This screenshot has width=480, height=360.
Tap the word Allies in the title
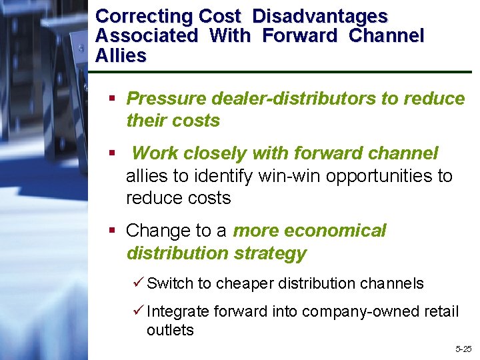[121, 55]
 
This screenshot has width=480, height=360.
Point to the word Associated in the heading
[147, 36]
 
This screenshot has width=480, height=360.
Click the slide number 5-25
[463, 349]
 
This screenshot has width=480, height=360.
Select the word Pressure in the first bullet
[167, 99]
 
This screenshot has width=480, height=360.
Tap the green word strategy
[272, 253]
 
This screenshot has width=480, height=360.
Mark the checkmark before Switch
[138, 283]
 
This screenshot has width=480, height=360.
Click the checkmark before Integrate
[138, 311]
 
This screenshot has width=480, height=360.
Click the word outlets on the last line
[170, 330]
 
